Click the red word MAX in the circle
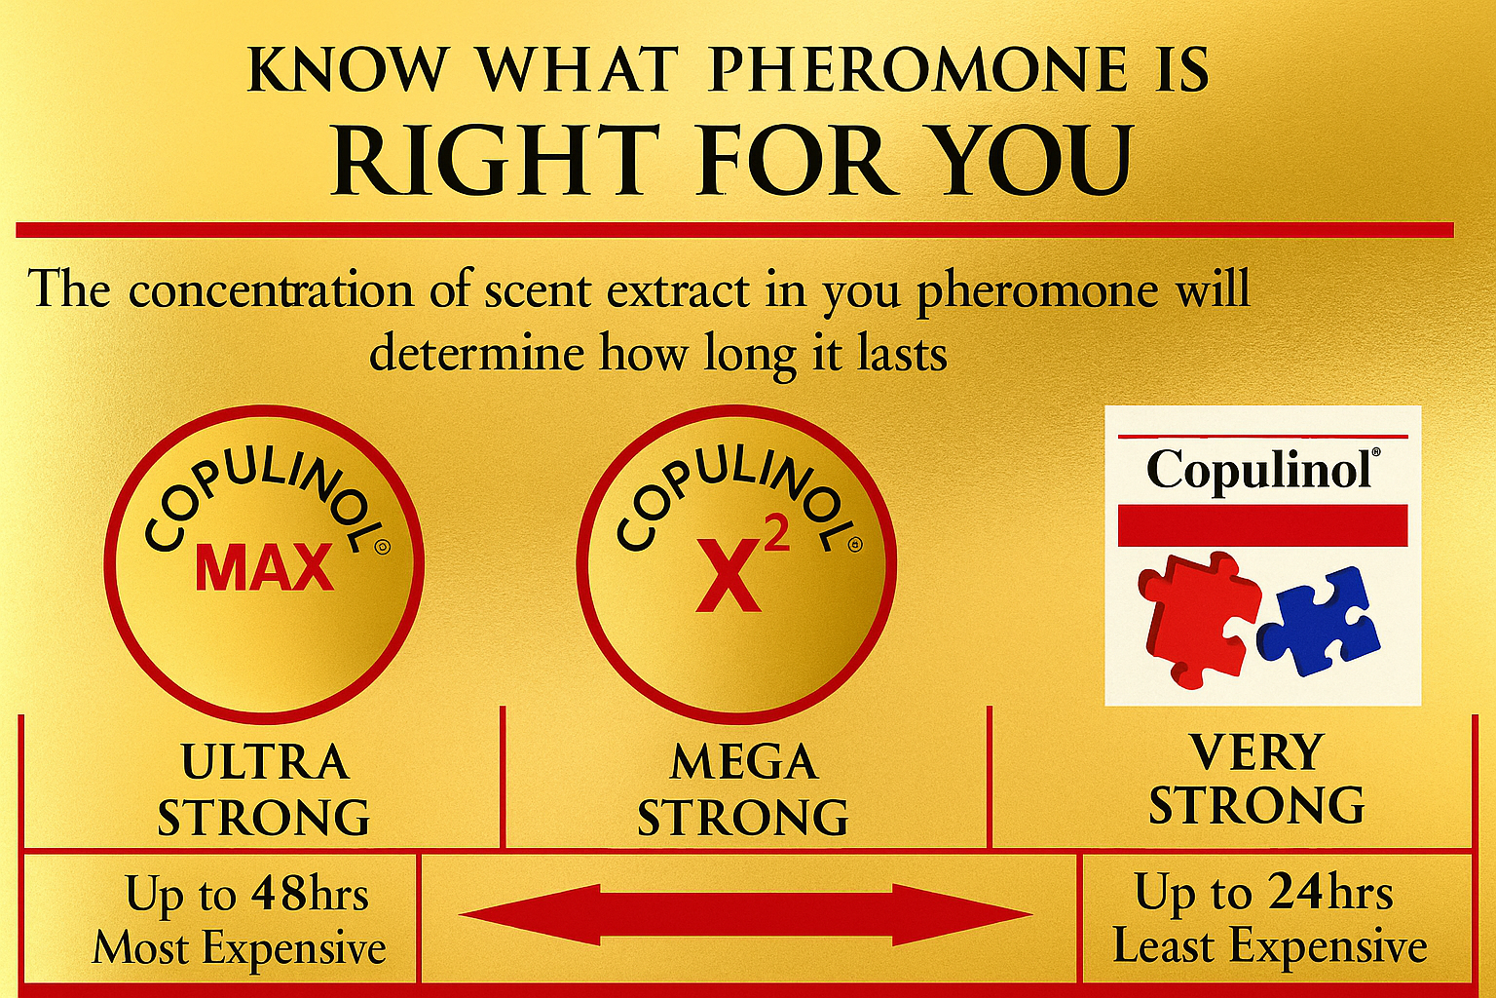tap(265, 567)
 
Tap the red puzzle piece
tap(1199, 618)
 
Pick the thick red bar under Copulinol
tap(1263, 525)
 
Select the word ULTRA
tap(265, 763)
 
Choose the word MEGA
tap(744, 763)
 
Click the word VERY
tap(1257, 752)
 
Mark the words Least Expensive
tap(1270, 947)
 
